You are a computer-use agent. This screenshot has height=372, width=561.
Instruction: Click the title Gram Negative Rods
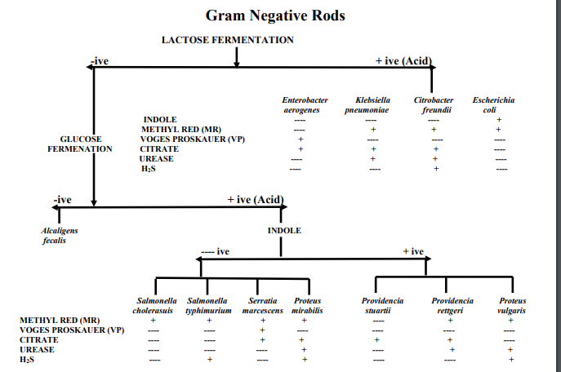[x=274, y=15]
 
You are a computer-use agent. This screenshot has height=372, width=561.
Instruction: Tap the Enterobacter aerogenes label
[x=301, y=104]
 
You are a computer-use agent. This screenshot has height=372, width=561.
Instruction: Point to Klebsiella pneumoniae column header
[x=372, y=104]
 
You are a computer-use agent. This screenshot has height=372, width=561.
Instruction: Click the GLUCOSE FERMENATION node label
[x=80, y=144]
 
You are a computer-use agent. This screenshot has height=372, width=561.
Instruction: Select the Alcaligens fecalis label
[x=60, y=236]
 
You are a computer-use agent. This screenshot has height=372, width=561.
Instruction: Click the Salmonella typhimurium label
[x=209, y=306]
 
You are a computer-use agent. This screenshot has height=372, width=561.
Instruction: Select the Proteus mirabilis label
[x=307, y=306]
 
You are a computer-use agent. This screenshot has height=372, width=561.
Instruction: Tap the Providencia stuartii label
[x=382, y=306]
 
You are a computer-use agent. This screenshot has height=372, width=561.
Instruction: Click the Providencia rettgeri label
[x=452, y=306]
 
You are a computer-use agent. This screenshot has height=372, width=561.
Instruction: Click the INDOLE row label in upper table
[x=160, y=120]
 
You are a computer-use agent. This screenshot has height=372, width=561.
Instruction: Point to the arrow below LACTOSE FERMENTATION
[x=236, y=57]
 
